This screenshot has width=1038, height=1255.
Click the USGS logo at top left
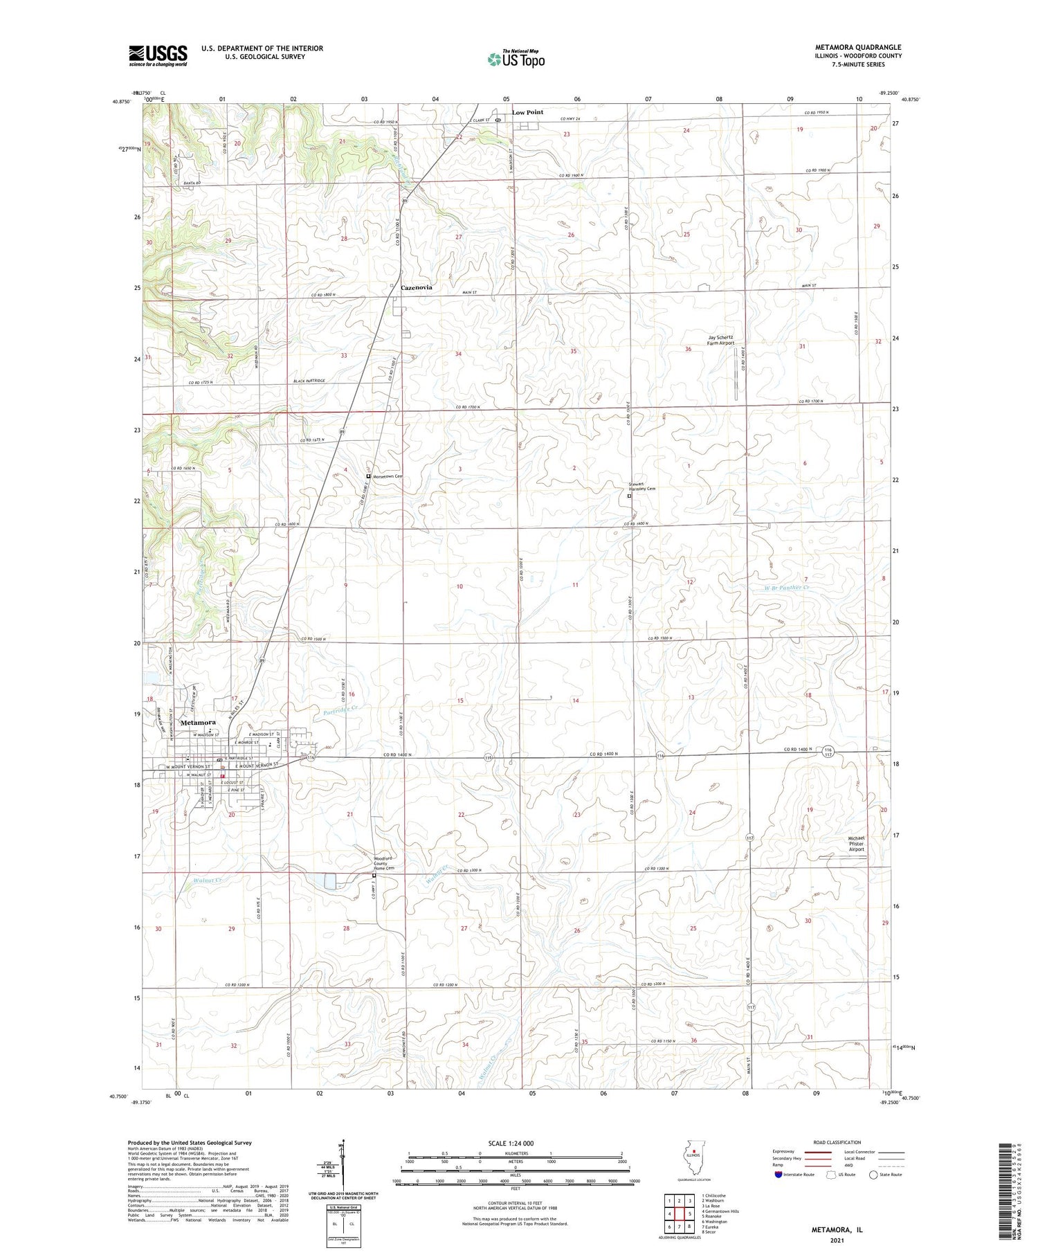coord(158,55)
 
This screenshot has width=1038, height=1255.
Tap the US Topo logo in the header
coord(516,60)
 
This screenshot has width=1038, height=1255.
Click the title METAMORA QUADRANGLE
coord(857,48)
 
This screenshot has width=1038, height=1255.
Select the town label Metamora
coord(197,722)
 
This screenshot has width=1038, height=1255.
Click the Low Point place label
coord(527,112)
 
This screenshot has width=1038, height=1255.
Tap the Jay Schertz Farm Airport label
coord(720,340)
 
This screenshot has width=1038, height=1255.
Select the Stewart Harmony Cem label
coord(641,487)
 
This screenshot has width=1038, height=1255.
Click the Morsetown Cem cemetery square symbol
coord(368,476)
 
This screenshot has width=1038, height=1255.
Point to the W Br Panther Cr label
coord(781,588)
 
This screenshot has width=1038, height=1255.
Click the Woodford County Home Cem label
coord(384,863)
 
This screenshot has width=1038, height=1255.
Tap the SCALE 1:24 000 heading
coord(515,1143)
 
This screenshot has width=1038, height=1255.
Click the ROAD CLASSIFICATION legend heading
coord(837,1142)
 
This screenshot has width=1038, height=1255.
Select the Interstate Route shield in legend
coord(779,1175)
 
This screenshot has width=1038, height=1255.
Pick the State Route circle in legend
coord(873,1175)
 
